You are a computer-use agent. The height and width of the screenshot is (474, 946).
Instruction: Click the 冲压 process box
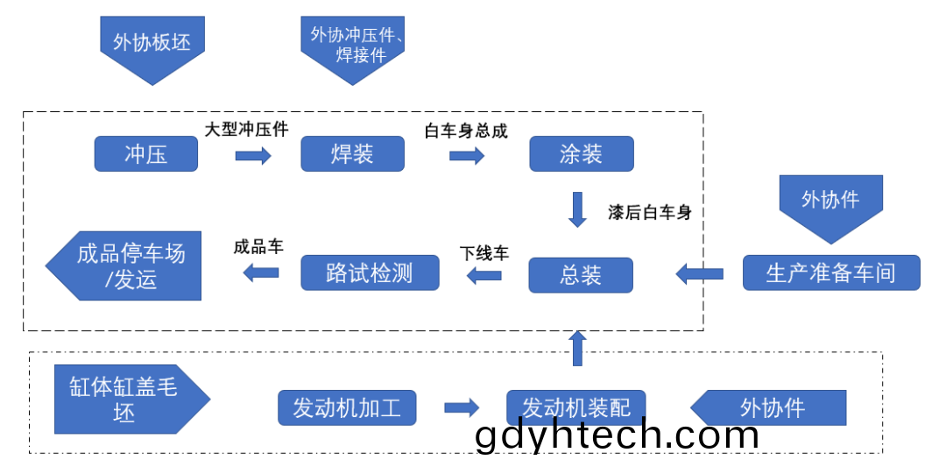(146, 154)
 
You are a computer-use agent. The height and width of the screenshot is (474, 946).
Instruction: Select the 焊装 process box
(352, 154)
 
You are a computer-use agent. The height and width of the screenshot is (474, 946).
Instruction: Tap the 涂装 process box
(582, 154)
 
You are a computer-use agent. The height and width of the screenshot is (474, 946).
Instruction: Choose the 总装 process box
(581, 275)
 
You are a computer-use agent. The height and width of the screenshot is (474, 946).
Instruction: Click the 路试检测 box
(370, 273)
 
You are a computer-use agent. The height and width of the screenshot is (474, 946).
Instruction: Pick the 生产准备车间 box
(831, 273)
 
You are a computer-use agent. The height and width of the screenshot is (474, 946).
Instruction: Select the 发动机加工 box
(347, 407)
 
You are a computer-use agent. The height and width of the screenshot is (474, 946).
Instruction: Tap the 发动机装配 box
(576, 407)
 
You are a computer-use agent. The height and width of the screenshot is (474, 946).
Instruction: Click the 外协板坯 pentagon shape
(152, 47)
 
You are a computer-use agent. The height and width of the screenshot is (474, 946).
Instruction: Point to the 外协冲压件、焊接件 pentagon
(353, 47)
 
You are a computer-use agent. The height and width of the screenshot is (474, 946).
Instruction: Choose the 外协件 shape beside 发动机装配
(769, 407)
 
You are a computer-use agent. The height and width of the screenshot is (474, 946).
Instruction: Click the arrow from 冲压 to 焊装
(253, 156)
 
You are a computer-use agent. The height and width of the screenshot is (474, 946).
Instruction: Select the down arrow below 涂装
(578, 209)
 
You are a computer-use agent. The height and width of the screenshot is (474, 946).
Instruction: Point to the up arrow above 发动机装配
(577, 349)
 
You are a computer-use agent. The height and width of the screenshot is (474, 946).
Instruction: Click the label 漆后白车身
(650, 213)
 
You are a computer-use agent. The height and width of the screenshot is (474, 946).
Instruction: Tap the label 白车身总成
(466, 131)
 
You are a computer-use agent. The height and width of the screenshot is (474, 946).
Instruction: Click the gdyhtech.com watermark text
(617, 435)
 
